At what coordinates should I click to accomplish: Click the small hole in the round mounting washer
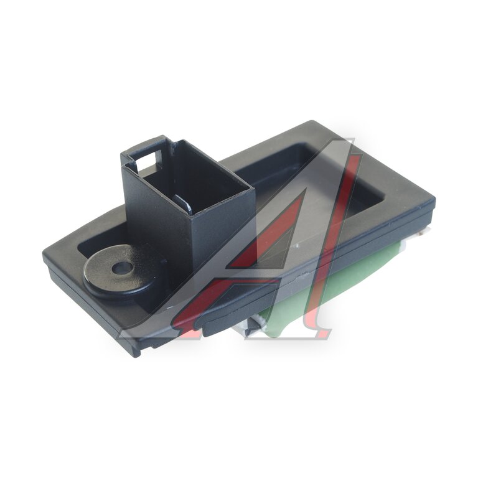pyautogui.click(x=122, y=268)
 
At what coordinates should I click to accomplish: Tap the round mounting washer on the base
pyautogui.click(x=120, y=269)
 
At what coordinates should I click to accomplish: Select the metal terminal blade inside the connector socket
pyautogui.click(x=184, y=204)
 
